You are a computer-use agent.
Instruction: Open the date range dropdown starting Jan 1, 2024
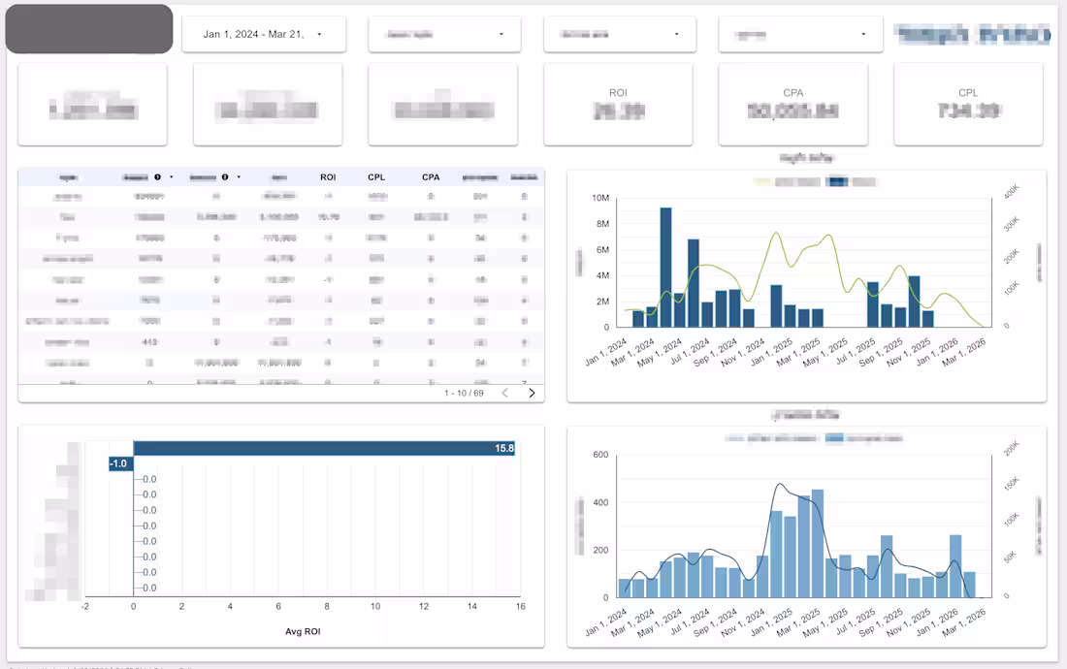[262, 35]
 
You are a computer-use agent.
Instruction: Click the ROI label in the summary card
[618, 93]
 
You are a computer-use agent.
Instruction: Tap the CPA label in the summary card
[793, 93]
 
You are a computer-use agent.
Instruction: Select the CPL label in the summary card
[968, 93]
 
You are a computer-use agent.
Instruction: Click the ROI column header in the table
[328, 177]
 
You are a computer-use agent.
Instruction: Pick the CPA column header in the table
[431, 177]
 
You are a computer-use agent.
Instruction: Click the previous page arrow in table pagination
[504, 393]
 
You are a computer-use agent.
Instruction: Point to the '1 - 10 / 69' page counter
[464, 393]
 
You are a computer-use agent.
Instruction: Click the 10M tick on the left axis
[599, 199]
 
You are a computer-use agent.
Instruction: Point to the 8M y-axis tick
[600, 224]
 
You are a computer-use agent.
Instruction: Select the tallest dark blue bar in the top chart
[665, 267]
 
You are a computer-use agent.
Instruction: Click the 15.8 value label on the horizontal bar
[504, 449]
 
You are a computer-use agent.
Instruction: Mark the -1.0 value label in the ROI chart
[119, 463]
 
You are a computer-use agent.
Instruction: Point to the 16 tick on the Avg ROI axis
[520, 607]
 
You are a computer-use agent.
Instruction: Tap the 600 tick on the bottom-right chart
[599, 455]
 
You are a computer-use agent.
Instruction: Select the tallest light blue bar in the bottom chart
[818, 543]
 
